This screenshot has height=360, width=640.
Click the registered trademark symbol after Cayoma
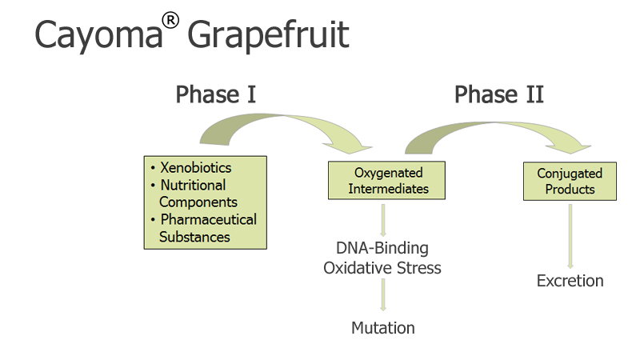[x=170, y=21]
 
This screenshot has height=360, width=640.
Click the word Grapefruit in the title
[x=268, y=35]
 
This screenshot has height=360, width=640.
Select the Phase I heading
[x=215, y=94]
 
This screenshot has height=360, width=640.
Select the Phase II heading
[x=498, y=94]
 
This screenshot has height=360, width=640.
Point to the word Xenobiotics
[x=195, y=167]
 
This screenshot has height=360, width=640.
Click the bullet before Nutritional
[x=153, y=186]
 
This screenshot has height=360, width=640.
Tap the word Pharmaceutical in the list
[x=209, y=219]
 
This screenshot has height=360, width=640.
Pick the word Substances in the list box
[x=194, y=237]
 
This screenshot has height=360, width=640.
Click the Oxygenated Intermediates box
[x=386, y=181]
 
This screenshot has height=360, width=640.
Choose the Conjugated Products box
[x=570, y=182]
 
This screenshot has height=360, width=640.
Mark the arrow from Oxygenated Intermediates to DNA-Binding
[x=383, y=221]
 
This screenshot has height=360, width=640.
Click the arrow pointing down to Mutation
[x=383, y=294]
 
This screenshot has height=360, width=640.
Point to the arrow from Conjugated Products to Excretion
[x=570, y=236]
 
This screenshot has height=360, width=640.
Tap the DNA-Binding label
[x=382, y=248]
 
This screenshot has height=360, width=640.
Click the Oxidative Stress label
[x=382, y=268]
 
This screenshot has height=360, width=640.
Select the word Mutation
[x=383, y=328]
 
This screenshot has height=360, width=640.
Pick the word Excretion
[x=570, y=281]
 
